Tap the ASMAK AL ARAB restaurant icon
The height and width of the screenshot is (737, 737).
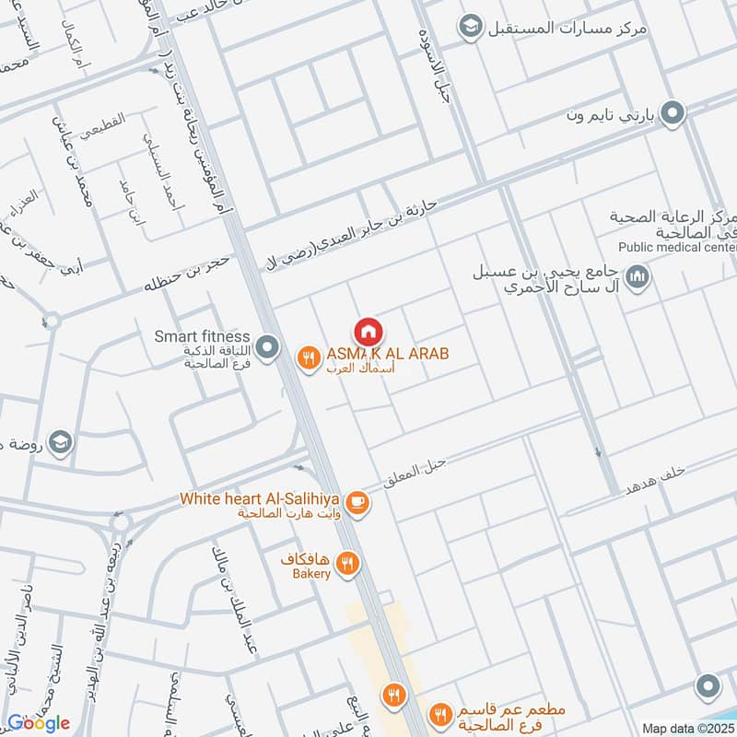[307, 356]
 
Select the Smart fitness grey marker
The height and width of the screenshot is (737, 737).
[268, 347]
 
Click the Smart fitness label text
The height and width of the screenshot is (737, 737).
[204, 336]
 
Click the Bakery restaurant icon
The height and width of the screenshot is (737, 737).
[347, 563]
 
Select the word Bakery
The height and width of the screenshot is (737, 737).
[312, 574]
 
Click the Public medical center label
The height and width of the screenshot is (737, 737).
[677, 247]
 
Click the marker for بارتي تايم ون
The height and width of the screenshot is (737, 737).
[673, 113]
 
